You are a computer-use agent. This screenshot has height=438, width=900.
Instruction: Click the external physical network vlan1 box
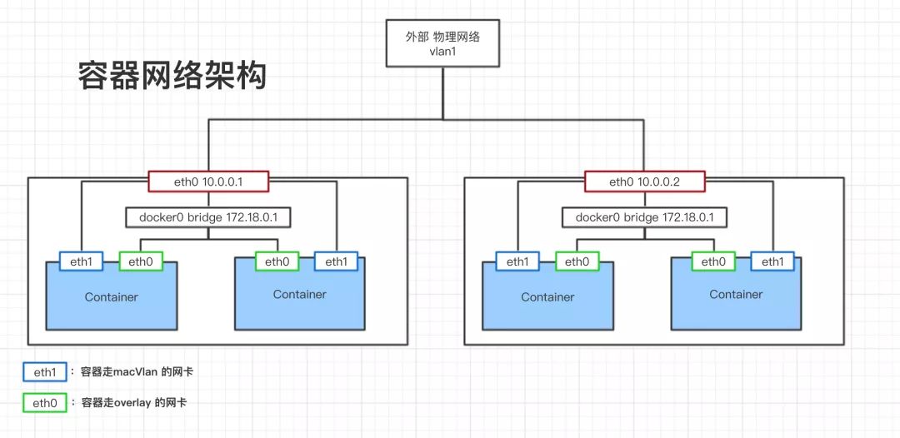pyautogui.click(x=442, y=42)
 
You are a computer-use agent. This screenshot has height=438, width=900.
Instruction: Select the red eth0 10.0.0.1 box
pyautogui.click(x=208, y=182)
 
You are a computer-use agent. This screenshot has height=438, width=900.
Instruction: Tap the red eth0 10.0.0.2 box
pyautogui.click(x=645, y=182)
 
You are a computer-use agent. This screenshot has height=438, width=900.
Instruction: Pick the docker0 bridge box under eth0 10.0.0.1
pyautogui.click(x=208, y=218)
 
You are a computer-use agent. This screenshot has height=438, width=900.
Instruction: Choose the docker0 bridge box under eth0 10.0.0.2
pyautogui.click(x=645, y=218)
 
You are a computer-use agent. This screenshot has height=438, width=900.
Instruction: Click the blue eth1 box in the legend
pyautogui.click(x=44, y=371)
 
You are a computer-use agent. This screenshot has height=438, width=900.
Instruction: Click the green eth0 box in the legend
pyautogui.click(x=44, y=403)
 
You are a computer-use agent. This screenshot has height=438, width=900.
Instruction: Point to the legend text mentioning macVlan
pyautogui.click(x=137, y=371)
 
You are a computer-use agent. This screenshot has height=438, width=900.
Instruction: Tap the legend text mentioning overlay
pyautogui.click(x=134, y=403)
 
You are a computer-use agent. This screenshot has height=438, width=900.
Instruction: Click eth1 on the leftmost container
pyautogui.click(x=81, y=261)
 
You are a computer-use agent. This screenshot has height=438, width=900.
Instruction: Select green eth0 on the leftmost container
pyautogui.click(x=141, y=261)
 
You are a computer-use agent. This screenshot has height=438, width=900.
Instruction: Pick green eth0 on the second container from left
pyautogui.click(x=277, y=261)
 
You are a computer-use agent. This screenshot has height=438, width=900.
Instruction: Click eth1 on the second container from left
pyautogui.click(x=336, y=261)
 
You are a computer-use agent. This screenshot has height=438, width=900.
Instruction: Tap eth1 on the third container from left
pyautogui.click(x=517, y=261)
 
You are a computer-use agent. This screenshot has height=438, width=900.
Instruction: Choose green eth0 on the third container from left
pyautogui.click(x=577, y=261)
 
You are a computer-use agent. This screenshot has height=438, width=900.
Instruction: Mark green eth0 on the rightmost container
pyautogui.click(x=713, y=261)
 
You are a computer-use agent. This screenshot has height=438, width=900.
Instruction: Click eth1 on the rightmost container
pyautogui.click(x=772, y=261)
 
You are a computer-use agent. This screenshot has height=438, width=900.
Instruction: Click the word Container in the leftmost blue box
pyautogui.click(x=112, y=297)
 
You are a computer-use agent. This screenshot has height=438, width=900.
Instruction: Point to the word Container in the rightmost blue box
pyautogui.click(x=736, y=295)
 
